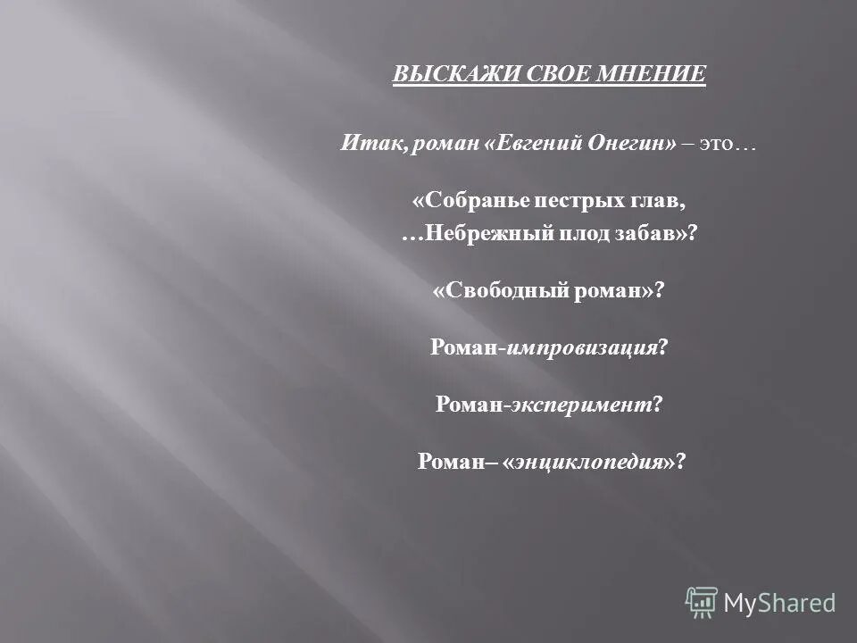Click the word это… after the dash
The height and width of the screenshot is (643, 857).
728,144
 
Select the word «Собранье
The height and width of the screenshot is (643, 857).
468,203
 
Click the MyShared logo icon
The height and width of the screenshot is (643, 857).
702,603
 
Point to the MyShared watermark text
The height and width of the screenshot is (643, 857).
779,604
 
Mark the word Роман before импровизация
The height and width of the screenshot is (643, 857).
465,348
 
